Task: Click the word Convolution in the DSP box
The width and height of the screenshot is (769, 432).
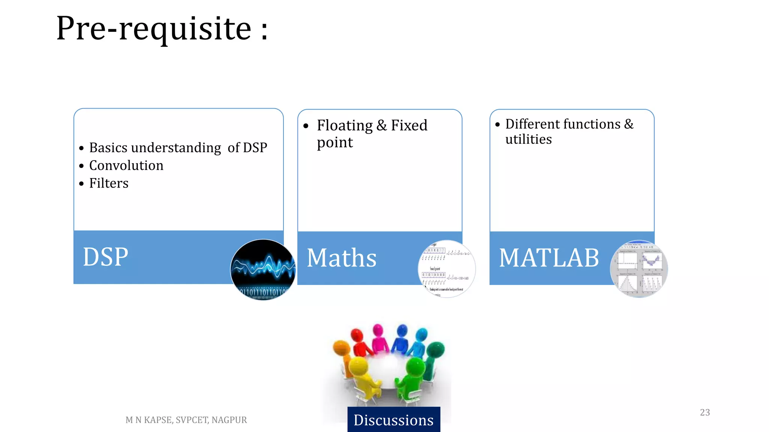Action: (126, 165)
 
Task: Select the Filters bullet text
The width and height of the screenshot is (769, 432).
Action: (109, 183)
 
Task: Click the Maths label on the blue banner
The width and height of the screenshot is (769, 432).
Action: (341, 258)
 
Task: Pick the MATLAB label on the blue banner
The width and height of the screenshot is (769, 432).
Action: (549, 258)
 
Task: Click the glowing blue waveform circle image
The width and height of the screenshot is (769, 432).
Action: (263, 270)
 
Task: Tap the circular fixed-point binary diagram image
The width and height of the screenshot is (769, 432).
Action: (446, 269)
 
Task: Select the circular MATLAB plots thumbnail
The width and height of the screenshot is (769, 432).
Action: (639, 269)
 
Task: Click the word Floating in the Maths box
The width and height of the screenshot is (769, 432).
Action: (345, 125)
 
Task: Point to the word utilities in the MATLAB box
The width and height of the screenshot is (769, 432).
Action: (528, 139)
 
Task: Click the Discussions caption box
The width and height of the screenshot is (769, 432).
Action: (394, 420)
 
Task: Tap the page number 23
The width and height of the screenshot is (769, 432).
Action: (705, 412)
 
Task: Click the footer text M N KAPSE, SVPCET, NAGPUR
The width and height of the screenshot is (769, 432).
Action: (186, 420)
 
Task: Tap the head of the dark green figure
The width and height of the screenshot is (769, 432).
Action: (436, 349)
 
